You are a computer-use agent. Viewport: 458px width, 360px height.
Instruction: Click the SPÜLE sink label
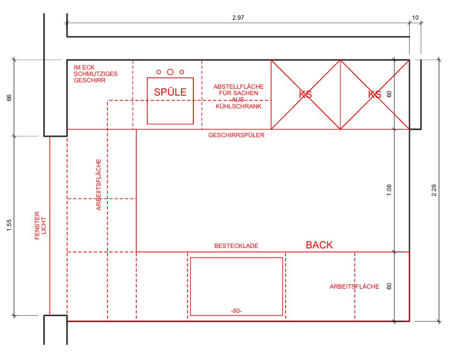click(170, 92)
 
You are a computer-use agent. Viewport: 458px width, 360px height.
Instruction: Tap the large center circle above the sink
click(170, 72)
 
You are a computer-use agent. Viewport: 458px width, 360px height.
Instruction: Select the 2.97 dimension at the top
click(238, 17)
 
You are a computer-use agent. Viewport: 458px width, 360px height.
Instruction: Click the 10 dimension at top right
click(415, 17)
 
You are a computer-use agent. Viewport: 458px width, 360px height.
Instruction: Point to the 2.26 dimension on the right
click(434, 190)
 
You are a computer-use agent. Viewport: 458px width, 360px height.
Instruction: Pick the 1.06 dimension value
click(389, 190)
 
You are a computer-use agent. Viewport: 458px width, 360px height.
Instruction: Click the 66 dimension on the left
click(9, 97)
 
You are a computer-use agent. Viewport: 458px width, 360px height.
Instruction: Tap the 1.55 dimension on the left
click(9, 226)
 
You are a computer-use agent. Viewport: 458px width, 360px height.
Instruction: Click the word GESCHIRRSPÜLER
click(236, 135)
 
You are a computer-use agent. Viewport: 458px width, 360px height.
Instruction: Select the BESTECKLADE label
click(236, 246)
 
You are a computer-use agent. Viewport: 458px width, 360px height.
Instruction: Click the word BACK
click(319, 245)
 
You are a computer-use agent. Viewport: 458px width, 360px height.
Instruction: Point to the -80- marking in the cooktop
click(236, 311)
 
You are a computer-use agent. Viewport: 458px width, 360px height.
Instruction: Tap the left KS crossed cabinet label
click(305, 94)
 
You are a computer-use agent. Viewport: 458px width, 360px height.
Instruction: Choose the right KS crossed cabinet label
click(375, 94)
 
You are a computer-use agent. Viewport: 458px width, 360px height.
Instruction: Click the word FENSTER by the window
click(37, 226)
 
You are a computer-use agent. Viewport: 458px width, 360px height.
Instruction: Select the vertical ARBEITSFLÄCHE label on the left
click(98, 185)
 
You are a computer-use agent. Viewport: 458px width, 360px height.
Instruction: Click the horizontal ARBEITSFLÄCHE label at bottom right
click(354, 287)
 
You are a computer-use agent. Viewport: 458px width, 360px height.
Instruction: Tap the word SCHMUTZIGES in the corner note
click(96, 74)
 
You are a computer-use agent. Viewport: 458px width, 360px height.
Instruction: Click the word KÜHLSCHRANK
click(239, 107)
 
